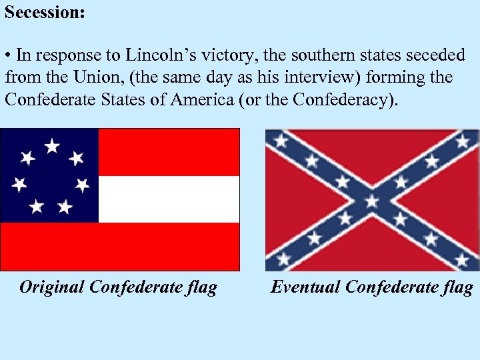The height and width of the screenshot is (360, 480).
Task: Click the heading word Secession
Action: tap(45, 13)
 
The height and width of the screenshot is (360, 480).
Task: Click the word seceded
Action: tap(434, 55)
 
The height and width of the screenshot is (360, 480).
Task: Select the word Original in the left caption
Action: tap(52, 287)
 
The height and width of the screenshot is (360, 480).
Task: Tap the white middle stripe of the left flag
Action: tap(168, 199)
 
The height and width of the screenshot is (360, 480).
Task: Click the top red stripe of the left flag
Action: tap(168, 152)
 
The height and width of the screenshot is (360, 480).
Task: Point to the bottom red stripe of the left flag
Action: tap(120, 246)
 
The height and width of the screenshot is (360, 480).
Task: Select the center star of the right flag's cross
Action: tap(372, 200)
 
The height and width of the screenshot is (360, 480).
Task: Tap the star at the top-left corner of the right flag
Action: tap(281, 141)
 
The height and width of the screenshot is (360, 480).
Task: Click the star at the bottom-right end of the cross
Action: tap(463, 259)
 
